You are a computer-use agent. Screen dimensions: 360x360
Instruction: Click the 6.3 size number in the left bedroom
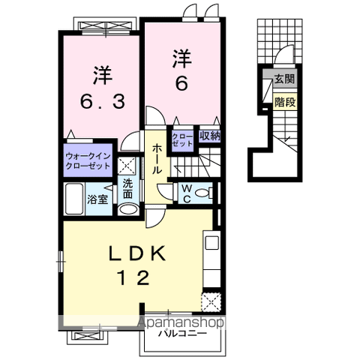tap(102, 100)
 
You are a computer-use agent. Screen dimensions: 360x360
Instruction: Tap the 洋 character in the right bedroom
tap(182, 57)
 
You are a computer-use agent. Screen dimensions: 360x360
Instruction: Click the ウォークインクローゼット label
tap(87, 160)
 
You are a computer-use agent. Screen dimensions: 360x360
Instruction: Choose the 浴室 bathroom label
tap(97, 199)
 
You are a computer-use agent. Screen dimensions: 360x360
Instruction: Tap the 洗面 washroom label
tap(128, 188)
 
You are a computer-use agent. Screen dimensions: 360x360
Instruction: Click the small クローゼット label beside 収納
tap(182, 139)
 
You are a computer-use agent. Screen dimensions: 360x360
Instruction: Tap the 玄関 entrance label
tap(284, 78)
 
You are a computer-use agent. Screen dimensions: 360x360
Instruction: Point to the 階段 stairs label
tap(284, 99)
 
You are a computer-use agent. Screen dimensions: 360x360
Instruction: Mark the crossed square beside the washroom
tap(127, 167)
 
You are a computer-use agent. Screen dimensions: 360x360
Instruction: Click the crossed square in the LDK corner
tap(210, 303)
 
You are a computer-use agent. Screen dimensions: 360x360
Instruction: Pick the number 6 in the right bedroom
tap(182, 85)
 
